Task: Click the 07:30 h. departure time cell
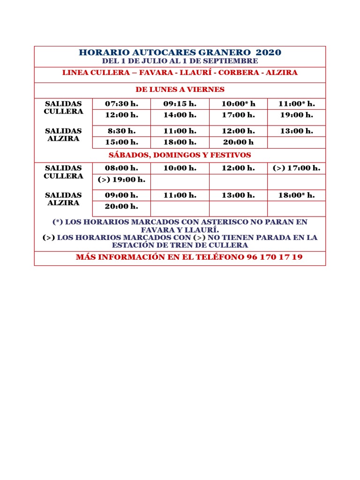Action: [121, 104]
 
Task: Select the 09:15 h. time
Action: [180, 104]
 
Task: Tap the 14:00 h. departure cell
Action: [180, 115]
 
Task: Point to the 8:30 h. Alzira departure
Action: [121, 131]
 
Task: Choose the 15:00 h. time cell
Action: [121, 142]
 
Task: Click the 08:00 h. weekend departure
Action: [121, 168]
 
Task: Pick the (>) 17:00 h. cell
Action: [296, 168]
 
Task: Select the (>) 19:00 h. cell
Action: [121, 180]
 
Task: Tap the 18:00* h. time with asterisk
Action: [296, 195]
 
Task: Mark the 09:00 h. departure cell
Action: [121, 195]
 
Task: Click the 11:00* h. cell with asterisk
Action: [296, 104]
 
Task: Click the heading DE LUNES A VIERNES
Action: [180, 90]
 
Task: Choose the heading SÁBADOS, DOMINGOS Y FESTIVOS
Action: [180, 155]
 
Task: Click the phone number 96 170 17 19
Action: [274, 257]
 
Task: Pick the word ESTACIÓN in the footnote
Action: [133, 245]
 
